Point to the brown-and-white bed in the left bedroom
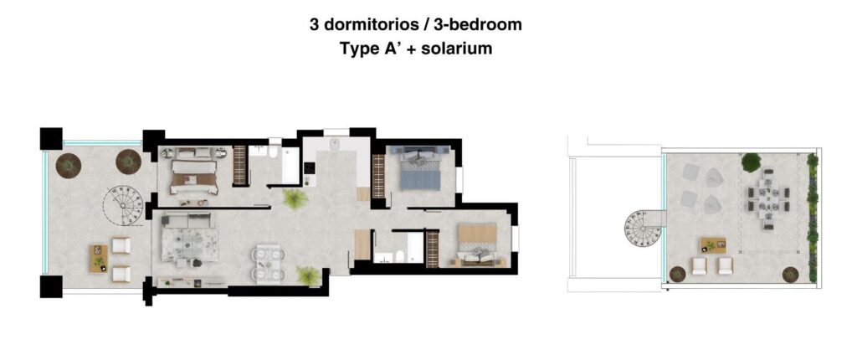click(195, 171)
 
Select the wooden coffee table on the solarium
click(712, 244)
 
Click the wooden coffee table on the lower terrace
click(99, 257)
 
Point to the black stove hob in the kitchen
click(310, 172)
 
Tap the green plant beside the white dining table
click(308, 275)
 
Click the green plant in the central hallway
click(294, 198)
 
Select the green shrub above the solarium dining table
click(751, 162)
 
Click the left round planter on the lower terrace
click(66, 166)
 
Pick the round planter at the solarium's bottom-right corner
click(790, 274)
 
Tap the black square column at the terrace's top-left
click(51, 138)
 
